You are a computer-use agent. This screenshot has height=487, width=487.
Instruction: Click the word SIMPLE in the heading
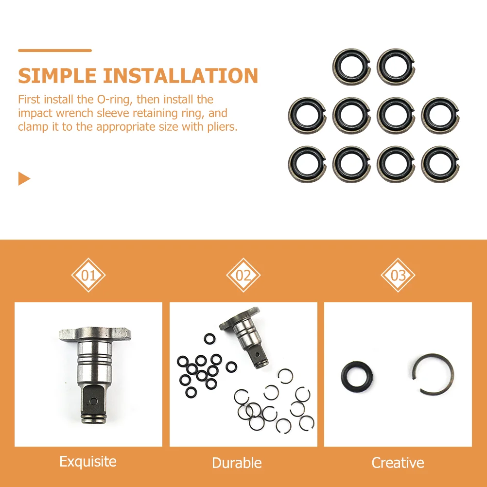point(57,76)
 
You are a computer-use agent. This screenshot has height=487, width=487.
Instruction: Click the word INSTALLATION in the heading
point(180,76)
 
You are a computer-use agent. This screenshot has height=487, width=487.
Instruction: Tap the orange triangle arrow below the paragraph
point(24,178)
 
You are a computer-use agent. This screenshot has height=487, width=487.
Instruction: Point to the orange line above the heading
point(54,50)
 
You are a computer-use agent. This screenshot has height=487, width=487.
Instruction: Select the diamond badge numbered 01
point(88,276)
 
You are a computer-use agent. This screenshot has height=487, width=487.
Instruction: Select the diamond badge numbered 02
point(243,276)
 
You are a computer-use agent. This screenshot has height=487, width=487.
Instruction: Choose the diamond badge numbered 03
point(398,276)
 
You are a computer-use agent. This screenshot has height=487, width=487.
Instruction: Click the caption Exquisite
point(88,461)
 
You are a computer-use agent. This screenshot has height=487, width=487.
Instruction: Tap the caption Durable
point(237,463)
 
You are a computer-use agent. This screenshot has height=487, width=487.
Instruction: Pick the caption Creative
point(398,463)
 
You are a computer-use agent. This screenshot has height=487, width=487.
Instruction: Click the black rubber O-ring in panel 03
point(358,377)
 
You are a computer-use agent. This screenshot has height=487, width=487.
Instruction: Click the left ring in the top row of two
point(351,67)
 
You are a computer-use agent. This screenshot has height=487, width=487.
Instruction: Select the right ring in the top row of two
point(396,67)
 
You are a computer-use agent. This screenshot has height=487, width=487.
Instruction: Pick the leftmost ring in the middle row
point(307,115)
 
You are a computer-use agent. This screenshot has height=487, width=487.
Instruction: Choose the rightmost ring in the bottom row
point(440,164)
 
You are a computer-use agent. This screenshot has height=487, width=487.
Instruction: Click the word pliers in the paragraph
point(217,127)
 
